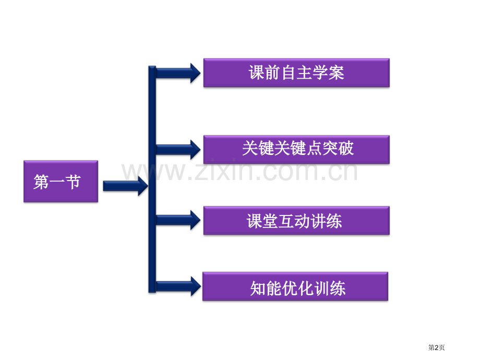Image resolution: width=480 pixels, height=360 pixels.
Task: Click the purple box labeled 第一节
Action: [x=61, y=181]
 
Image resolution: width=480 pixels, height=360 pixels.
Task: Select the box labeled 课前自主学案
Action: [x=296, y=73]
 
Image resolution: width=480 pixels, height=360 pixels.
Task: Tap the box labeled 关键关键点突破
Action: [x=296, y=149]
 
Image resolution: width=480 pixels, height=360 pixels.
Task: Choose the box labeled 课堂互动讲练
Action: [x=296, y=221]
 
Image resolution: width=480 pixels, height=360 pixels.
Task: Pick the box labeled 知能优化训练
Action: [x=295, y=286]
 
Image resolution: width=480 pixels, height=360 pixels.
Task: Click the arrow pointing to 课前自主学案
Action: [x=178, y=73]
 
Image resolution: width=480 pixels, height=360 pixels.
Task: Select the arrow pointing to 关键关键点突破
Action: [x=178, y=150]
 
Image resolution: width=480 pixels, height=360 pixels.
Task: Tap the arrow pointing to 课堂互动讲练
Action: [x=178, y=220]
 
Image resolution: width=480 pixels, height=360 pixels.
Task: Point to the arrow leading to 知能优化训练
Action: [x=178, y=286]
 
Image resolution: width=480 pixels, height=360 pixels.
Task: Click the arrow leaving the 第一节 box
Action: [x=126, y=186]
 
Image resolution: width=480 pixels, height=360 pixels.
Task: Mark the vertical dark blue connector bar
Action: [x=152, y=179]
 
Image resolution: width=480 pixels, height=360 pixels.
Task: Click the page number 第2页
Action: [x=436, y=347]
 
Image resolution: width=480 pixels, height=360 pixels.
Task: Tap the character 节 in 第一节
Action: [x=73, y=182]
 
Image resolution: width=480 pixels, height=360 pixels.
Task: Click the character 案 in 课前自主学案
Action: [x=337, y=73]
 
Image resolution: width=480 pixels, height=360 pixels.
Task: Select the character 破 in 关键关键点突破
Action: [x=346, y=149]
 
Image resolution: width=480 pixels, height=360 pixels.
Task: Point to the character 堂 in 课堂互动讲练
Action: [x=270, y=221]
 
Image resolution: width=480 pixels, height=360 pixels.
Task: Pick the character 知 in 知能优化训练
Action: [x=258, y=289]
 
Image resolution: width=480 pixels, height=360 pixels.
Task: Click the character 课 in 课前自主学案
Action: [x=257, y=73]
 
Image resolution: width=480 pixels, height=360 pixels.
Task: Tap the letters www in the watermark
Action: [x=154, y=172]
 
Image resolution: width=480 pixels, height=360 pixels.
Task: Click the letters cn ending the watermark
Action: [x=343, y=172]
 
